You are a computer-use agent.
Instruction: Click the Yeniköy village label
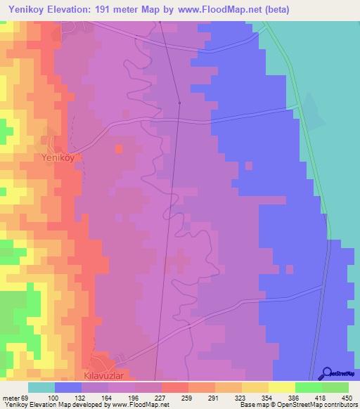click(58, 158)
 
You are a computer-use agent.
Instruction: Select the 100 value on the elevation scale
click(71, 398)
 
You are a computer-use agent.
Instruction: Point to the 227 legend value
click(160, 398)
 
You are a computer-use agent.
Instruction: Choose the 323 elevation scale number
click(227, 398)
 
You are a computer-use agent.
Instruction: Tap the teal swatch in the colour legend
click(41, 387)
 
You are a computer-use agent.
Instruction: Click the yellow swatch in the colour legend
click(282, 387)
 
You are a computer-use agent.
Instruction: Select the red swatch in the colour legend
click(175, 387)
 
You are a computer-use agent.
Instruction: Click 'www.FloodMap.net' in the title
click(221, 10)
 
